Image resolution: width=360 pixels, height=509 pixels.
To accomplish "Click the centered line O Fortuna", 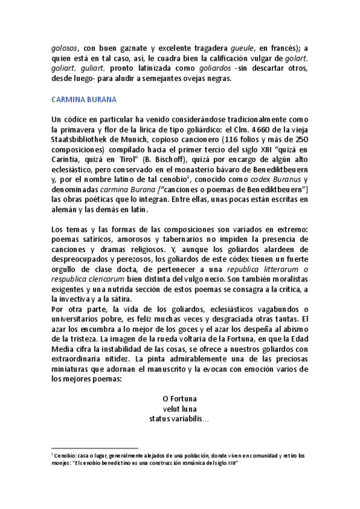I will coord(179,398).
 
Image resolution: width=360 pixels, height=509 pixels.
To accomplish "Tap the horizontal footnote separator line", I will coord(95,448).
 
